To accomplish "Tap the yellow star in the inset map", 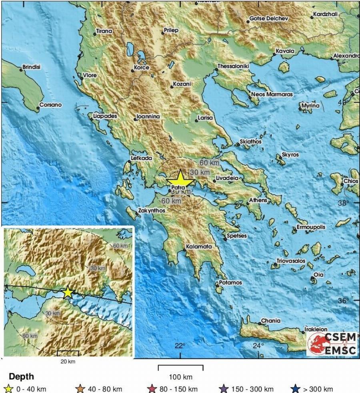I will click(68, 292).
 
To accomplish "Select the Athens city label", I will click(258, 200).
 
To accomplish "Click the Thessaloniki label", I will click(233, 66).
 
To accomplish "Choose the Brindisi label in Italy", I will click(32, 67).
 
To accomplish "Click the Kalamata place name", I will click(199, 247).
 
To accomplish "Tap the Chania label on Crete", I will click(270, 321).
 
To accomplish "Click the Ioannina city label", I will click(148, 116).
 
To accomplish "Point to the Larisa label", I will click(205, 118).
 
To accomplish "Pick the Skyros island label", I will click(290, 154).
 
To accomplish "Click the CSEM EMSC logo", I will click(332, 343).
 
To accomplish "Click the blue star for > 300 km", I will click(296, 389).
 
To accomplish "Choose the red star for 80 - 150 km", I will click(152, 389).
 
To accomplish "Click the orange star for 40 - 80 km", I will click(81, 389).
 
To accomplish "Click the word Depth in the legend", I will click(21, 377).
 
